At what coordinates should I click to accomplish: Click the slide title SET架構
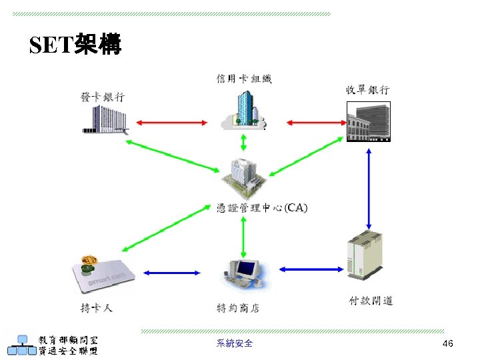coord(75,45)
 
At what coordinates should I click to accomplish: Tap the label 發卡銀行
coord(103,97)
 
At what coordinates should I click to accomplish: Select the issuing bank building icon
coord(104,120)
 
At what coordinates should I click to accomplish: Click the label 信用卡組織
coord(244,79)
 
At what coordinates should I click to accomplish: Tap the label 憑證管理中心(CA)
coord(263,208)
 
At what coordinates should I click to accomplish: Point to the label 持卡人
coord(96,308)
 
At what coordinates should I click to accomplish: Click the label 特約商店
coord(238,308)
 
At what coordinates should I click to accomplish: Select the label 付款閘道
coord(371,301)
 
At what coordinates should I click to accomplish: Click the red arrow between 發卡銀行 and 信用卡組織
coord(171,122)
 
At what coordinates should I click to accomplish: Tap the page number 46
coord(447,343)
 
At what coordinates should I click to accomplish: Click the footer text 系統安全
coord(235,343)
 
